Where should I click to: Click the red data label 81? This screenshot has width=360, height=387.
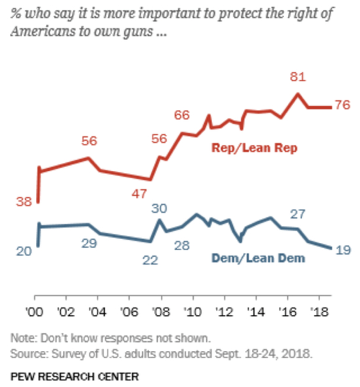tap(298, 78)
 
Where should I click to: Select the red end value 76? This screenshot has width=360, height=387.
tap(342, 105)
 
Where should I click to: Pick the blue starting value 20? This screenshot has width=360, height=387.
tap(24, 251)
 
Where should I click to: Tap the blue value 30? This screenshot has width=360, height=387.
tap(159, 208)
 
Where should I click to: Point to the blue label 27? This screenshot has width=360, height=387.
tap(299, 214)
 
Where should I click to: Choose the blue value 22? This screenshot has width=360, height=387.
tap(150, 259)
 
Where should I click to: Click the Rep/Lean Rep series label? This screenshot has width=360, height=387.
tap(255, 148)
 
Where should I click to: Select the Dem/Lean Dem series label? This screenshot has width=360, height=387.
tap(258, 258)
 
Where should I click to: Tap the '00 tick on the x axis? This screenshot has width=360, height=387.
tap(34, 311)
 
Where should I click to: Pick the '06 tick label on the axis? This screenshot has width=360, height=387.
tap(129, 311)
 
